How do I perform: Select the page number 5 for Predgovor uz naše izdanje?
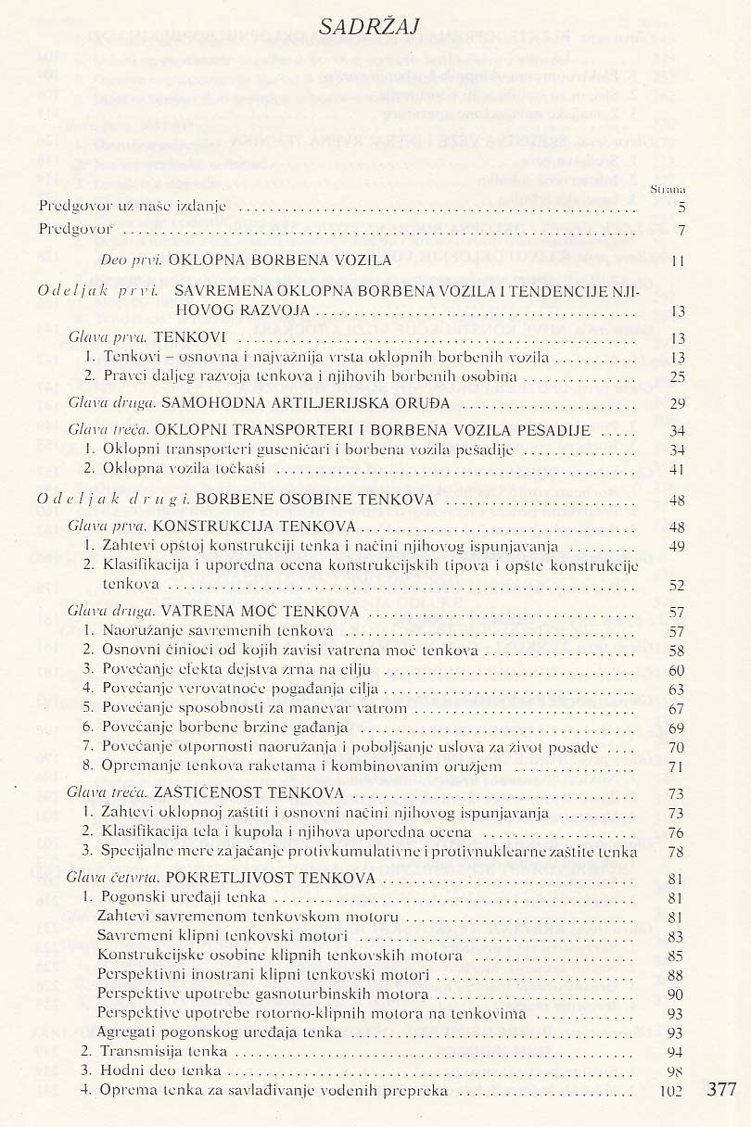(x=681, y=207)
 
